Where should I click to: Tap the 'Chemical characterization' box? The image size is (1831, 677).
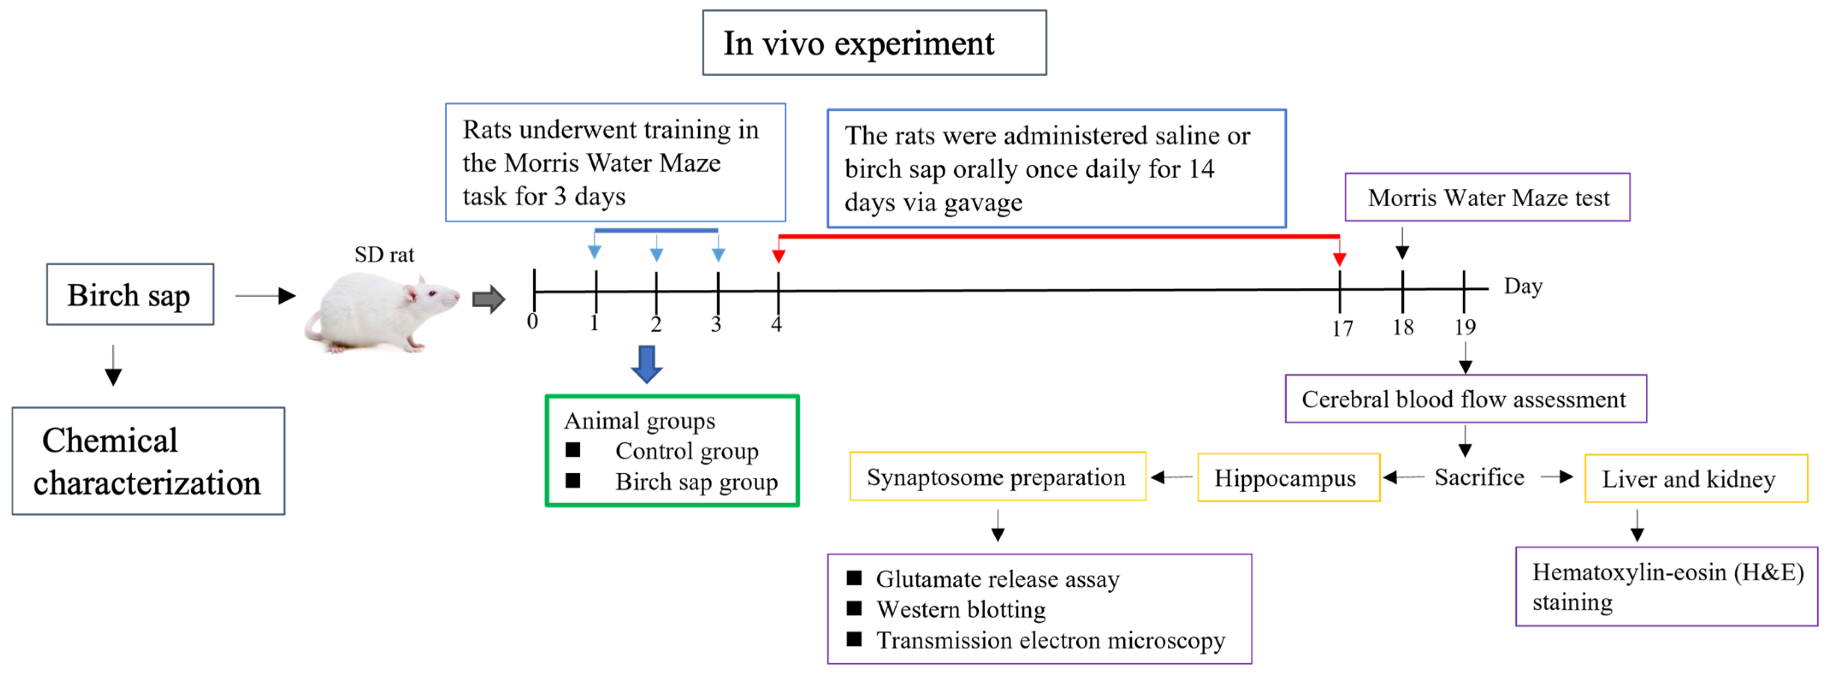coord(148,461)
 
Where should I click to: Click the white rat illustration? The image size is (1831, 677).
coord(380,313)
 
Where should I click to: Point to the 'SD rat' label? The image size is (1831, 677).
coord(384,255)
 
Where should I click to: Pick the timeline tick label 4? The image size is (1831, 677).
coord(776,324)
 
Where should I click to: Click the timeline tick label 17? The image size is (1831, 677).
coord(1342,329)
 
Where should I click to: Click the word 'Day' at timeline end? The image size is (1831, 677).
coord(1523,286)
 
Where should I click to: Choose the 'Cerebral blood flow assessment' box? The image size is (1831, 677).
coord(1465,399)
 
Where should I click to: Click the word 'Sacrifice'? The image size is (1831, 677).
coord(1479,477)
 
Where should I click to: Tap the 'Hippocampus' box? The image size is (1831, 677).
coord(1288,478)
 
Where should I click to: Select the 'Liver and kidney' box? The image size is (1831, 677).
coord(1695,478)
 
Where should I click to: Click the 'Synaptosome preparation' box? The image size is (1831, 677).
coord(997,476)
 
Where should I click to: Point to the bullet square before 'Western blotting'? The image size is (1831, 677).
coord(854,608)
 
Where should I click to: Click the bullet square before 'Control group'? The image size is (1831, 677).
coord(573,449)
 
